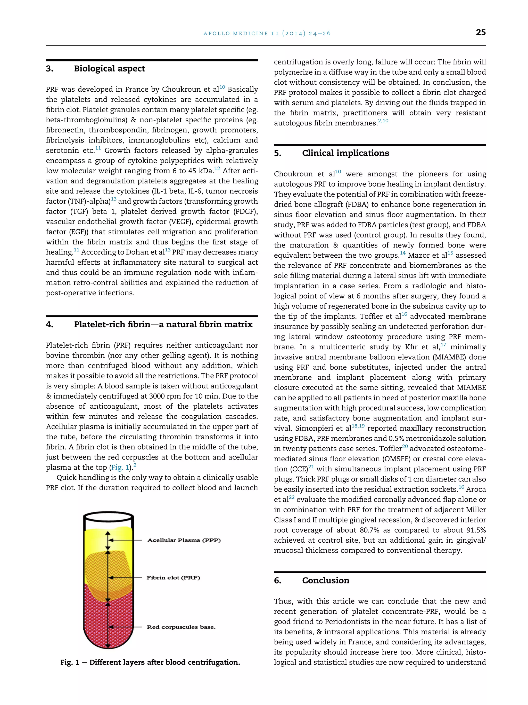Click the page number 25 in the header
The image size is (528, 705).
point(481,32)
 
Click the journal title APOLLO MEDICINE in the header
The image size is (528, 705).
point(236,33)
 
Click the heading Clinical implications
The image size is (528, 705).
point(345,153)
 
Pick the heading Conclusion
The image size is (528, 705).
point(326,580)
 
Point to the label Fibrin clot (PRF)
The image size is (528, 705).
point(174,578)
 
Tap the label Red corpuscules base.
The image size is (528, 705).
point(181,627)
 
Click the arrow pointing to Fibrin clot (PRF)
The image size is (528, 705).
point(126,578)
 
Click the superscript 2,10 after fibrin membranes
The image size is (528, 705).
point(383,121)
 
